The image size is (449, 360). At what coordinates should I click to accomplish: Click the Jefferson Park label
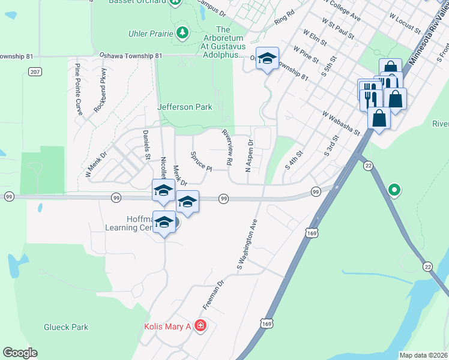pos(185,107)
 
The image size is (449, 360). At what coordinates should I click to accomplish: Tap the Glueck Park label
pos(66,327)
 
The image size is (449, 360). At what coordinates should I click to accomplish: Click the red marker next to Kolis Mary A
pos(200,326)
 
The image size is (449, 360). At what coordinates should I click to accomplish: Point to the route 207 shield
pos(34,71)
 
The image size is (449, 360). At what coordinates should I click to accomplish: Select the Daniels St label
pos(146,145)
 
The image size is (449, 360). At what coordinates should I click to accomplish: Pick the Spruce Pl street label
pos(201,160)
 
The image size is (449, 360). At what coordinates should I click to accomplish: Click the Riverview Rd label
pos(228,147)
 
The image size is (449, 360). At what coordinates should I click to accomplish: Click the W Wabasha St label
pos(340,122)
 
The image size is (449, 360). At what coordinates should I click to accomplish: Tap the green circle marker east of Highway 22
pos(394,191)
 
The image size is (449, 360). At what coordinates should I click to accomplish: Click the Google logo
pos(20,353)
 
